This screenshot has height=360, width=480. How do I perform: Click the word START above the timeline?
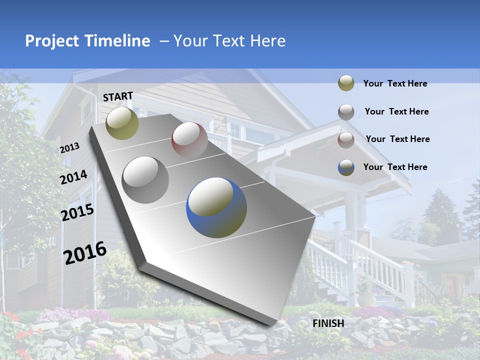(x=118, y=96)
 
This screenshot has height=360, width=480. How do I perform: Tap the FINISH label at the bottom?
(x=328, y=323)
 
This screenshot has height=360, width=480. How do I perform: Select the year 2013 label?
(x=70, y=148)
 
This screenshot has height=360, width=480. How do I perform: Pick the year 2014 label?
(x=74, y=177)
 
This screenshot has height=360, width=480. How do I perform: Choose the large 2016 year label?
(x=85, y=253)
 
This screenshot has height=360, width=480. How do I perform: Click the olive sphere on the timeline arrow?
(x=122, y=123)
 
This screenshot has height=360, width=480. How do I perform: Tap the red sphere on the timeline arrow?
(x=189, y=139)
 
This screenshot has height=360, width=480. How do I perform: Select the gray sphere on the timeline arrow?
(x=145, y=180)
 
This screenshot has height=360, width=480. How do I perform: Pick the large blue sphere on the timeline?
(x=216, y=207)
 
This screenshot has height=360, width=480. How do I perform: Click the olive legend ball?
(x=346, y=83)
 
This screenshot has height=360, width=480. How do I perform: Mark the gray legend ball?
(x=346, y=112)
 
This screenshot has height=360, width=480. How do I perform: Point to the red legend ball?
(x=346, y=139)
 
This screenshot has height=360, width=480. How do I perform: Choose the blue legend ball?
(x=346, y=167)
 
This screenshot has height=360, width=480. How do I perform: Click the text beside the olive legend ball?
(x=395, y=83)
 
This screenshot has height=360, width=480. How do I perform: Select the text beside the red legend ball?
(x=397, y=139)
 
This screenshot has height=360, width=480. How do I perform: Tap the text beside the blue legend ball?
(x=395, y=167)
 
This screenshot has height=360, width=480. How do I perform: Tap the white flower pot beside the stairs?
(x=366, y=298)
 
